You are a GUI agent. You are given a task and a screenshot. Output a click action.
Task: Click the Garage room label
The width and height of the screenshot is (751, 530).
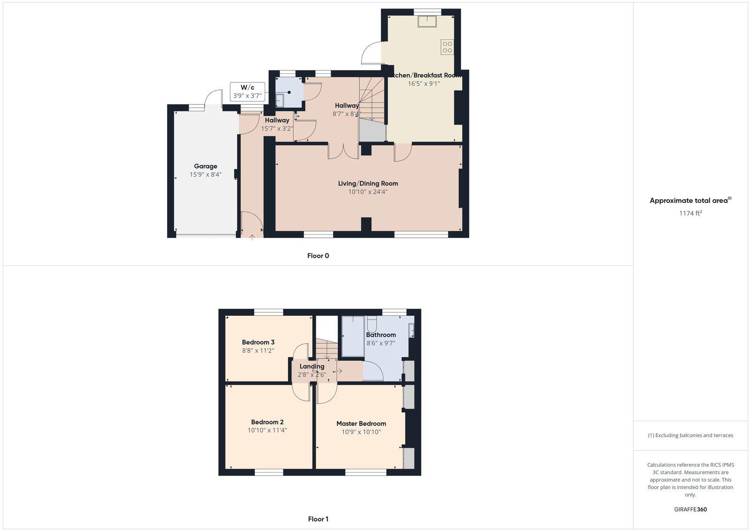[x=206, y=166]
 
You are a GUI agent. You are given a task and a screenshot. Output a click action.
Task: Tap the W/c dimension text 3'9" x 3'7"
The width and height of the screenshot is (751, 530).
[x=247, y=96]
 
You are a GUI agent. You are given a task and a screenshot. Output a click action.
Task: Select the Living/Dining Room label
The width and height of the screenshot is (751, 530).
[x=368, y=183]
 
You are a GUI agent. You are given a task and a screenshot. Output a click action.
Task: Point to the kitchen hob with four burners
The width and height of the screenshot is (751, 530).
[x=447, y=47]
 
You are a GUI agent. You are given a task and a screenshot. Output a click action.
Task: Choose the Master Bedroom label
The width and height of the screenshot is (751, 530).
[x=361, y=423]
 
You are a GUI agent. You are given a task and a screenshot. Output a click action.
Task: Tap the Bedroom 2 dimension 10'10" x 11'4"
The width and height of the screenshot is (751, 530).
[x=267, y=430]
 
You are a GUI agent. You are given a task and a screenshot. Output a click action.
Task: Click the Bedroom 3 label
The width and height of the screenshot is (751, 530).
[x=258, y=342]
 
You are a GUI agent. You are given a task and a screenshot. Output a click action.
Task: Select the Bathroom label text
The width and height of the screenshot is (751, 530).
[x=381, y=335]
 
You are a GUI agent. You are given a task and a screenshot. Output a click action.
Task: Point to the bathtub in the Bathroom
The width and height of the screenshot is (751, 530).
[x=353, y=336]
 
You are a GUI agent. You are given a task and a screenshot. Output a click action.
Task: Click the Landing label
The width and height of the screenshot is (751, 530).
[x=312, y=366]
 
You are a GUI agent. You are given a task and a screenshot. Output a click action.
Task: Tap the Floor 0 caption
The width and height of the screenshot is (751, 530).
[x=318, y=256]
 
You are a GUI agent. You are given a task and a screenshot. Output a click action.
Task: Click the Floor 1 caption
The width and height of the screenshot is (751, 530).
[x=318, y=519]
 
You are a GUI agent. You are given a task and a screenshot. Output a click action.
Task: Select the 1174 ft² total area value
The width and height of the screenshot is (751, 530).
[x=690, y=213]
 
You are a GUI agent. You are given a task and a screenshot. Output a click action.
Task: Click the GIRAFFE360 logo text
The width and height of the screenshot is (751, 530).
[x=690, y=509]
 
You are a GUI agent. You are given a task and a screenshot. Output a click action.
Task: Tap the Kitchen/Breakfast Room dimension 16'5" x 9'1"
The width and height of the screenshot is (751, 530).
[x=424, y=84]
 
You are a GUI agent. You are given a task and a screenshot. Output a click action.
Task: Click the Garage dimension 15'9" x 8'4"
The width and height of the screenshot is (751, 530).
[x=206, y=174]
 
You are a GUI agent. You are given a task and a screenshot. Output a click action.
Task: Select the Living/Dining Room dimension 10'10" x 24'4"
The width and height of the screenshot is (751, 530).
[x=368, y=192]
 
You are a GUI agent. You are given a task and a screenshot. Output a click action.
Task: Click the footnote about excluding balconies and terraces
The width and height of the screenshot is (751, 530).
[x=690, y=435]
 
